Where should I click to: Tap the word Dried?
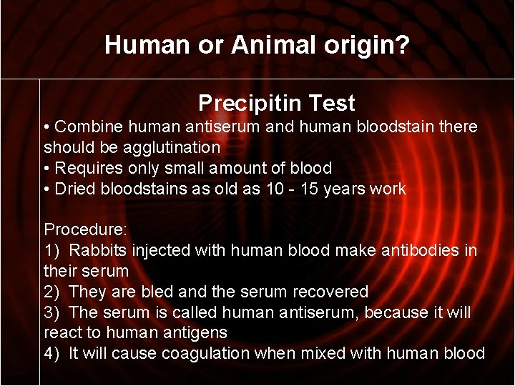click(74, 189)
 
